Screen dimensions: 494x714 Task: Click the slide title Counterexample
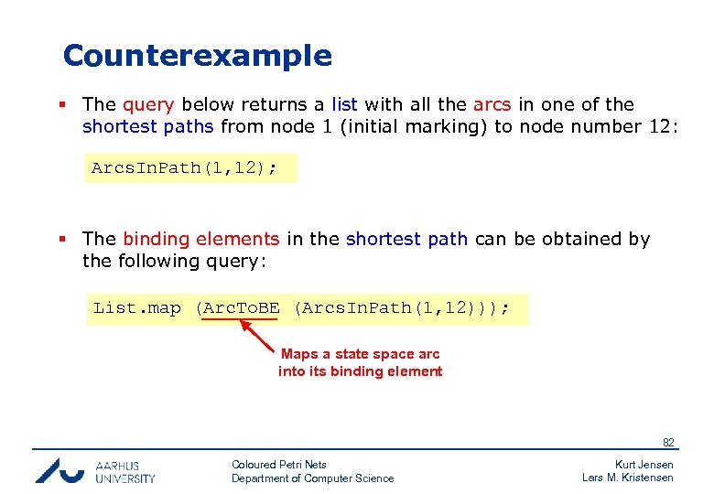click(x=197, y=56)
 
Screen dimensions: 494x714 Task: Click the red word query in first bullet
click(x=147, y=105)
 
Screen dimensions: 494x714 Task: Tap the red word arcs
click(x=492, y=105)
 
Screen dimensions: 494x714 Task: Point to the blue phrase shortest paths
click(x=148, y=126)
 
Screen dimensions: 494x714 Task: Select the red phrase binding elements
click(x=200, y=239)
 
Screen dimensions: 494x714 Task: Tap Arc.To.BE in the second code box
click(x=241, y=308)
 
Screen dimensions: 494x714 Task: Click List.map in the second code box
click(x=137, y=308)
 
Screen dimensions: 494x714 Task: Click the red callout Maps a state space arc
click(x=360, y=354)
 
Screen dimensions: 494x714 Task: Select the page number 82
click(x=668, y=443)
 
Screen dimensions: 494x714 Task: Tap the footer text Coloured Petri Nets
click(x=279, y=465)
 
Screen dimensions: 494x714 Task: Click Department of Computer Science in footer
click(x=312, y=478)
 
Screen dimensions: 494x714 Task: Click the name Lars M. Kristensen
click(x=627, y=478)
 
